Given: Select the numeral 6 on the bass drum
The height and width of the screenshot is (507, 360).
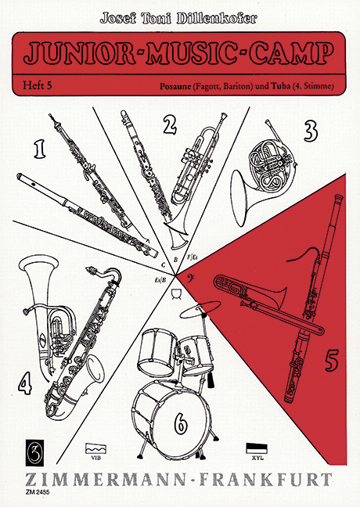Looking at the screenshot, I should [180, 423].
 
